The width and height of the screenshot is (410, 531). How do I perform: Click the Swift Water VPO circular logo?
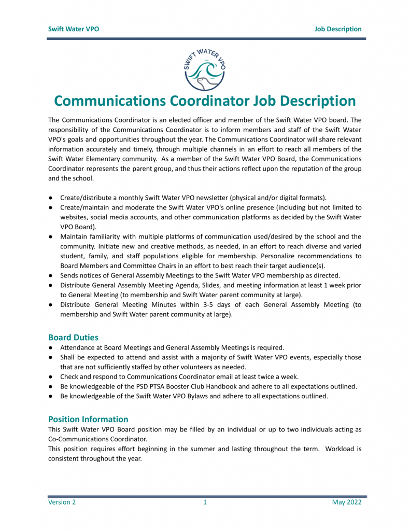tap(205, 67)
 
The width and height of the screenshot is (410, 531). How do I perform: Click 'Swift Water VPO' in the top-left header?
tap(73, 29)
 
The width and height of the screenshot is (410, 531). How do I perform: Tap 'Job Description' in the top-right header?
tap(337, 29)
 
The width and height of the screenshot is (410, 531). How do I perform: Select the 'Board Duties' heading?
tap(73, 337)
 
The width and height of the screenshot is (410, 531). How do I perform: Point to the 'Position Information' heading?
tap(88, 419)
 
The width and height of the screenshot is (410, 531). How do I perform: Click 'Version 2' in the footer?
tap(62, 502)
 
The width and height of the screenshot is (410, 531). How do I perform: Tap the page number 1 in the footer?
tap(205, 502)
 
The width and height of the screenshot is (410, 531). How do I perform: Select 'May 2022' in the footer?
tap(347, 502)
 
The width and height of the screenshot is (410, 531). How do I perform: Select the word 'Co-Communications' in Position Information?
tap(77, 439)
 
